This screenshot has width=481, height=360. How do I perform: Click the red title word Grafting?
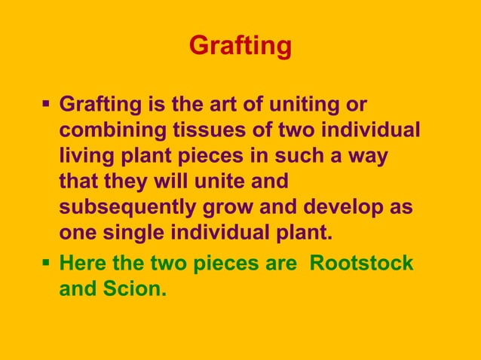coord(240,46)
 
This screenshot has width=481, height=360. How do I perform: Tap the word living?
coord(81,155)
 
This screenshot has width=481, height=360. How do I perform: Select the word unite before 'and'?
coord(221,181)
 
